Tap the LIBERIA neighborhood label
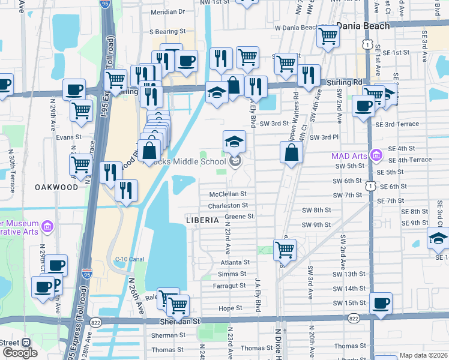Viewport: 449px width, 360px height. [x=202, y=220]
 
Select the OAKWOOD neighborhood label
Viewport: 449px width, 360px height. [x=56, y=187]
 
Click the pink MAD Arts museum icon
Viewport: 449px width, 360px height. [x=376, y=156]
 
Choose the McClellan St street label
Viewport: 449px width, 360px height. [x=228, y=194]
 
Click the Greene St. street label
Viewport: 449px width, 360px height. [x=240, y=216]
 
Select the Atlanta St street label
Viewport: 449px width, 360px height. [x=234, y=262]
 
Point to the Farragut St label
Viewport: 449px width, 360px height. [x=229, y=286]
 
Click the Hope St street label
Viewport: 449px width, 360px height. [x=230, y=308]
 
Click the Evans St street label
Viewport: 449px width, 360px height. [x=68, y=137]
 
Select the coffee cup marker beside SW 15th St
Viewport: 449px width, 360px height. [x=381, y=303]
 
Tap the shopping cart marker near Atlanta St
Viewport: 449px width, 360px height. [x=284, y=249]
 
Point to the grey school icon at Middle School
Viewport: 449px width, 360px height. [x=235, y=160]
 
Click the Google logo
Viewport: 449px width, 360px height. [x=20, y=353]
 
